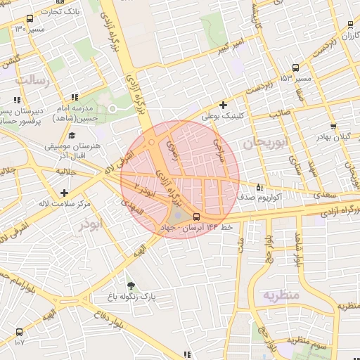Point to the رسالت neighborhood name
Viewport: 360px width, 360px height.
click(x=33, y=80)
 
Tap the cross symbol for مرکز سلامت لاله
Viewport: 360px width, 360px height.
click(x=64, y=192)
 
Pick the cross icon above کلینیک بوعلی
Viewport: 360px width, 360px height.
click(x=223, y=105)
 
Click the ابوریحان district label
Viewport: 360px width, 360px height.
click(x=266, y=143)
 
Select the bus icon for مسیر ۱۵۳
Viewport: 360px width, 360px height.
click(x=295, y=68)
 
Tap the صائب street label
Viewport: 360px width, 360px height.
click(x=282, y=111)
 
